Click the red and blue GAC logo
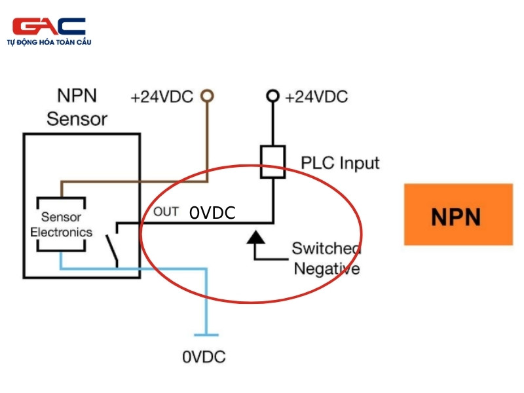pos(48,26)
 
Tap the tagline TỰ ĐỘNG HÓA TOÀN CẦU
pos(49,42)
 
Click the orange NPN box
pos(458,214)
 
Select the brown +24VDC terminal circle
pos(207,96)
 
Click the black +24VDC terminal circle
pos(272,96)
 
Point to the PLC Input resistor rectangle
pos(272,162)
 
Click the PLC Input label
pos(340,164)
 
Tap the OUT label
pos(166,212)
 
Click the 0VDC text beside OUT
pos(212,212)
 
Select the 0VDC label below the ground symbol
pos(204,357)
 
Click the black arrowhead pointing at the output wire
pos(255,237)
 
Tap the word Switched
pos(326,248)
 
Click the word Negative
pos(326,269)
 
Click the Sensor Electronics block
pos(61,224)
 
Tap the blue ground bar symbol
pos(206,335)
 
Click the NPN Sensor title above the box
pos(77,107)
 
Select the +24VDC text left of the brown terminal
pos(162,97)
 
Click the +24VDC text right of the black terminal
pos(316,97)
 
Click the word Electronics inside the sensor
pos(61,233)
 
